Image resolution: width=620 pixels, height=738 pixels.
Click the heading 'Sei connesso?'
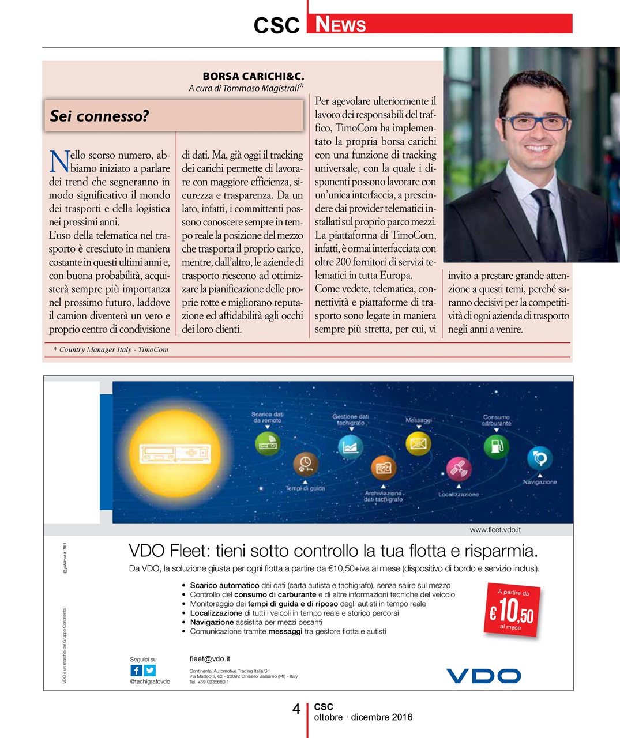point(99,116)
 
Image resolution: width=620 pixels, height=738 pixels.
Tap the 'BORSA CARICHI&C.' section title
point(253,76)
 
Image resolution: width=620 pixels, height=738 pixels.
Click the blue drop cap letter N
point(59,161)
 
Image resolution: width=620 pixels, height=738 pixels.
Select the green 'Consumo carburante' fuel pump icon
point(496,445)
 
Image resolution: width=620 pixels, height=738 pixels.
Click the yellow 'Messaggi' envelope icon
point(419,443)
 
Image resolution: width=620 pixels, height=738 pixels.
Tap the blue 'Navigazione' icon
point(540,459)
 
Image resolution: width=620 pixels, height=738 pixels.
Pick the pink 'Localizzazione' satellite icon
point(459,469)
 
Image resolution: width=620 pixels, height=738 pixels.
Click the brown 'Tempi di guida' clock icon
point(305,464)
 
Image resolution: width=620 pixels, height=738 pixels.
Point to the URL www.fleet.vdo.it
point(495,529)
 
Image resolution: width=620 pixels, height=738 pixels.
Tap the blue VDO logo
point(483,675)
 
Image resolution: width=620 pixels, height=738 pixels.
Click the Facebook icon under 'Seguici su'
point(136,670)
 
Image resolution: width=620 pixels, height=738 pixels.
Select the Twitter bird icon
point(149,670)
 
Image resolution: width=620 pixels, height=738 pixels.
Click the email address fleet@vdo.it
point(210,658)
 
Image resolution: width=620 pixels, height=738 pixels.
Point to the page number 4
point(296,709)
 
